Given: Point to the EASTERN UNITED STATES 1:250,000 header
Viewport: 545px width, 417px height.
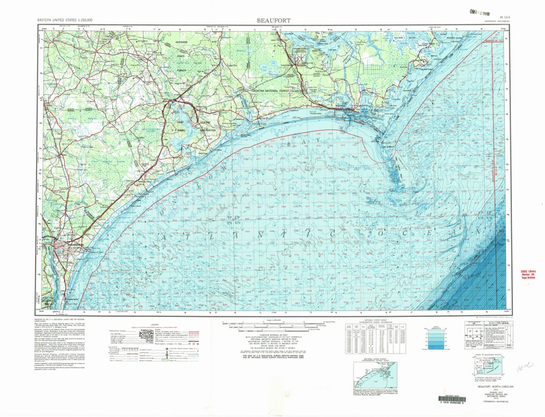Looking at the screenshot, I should [65, 21].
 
